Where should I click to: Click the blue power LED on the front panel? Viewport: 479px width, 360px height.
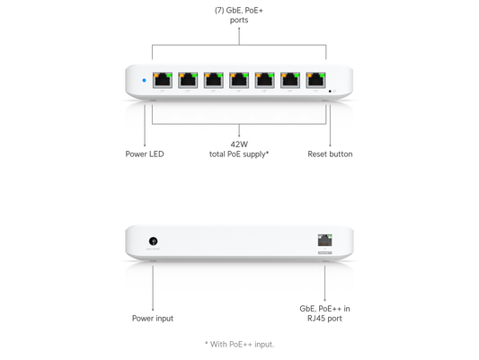[144, 81]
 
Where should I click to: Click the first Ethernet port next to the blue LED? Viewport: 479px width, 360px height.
[163, 80]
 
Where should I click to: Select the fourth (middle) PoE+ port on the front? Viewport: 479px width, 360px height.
[239, 80]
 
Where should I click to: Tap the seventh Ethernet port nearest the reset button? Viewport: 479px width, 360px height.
[315, 80]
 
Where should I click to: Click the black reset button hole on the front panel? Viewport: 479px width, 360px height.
[330, 92]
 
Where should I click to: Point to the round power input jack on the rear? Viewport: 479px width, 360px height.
[154, 241]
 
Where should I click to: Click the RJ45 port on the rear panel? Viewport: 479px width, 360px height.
[324, 240]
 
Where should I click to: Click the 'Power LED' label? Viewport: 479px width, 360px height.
[145, 154]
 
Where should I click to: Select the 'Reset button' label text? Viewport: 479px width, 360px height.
[330, 154]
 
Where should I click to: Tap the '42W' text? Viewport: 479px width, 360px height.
[239, 145]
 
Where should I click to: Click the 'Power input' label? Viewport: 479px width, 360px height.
[153, 318]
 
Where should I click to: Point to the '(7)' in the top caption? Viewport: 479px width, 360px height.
[219, 11]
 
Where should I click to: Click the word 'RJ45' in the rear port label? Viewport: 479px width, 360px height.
[316, 318]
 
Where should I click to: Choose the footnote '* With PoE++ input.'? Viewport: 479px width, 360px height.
[239, 345]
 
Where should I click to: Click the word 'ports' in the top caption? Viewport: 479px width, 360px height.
[239, 20]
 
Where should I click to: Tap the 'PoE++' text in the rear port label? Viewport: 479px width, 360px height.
[330, 309]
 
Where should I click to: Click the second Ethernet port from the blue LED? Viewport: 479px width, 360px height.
[188, 80]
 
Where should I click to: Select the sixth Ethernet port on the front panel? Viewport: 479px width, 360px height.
[290, 80]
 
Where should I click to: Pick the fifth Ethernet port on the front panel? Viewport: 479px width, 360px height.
[265, 80]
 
